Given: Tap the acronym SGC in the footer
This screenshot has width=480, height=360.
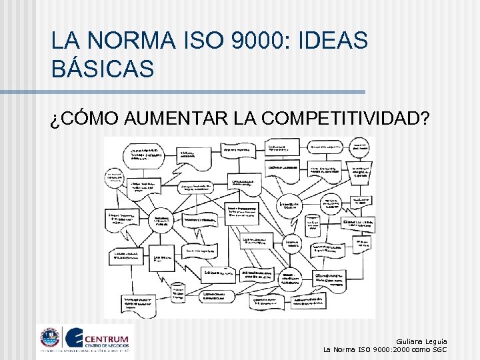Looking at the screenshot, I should click(x=440, y=349).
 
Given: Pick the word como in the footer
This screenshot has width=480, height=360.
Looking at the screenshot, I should click(x=421, y=349).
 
